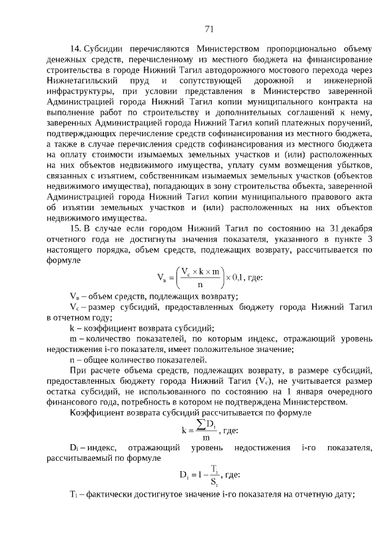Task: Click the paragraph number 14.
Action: (75, 48)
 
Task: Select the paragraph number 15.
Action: (75, 228)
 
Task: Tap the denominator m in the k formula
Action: (206, 438)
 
